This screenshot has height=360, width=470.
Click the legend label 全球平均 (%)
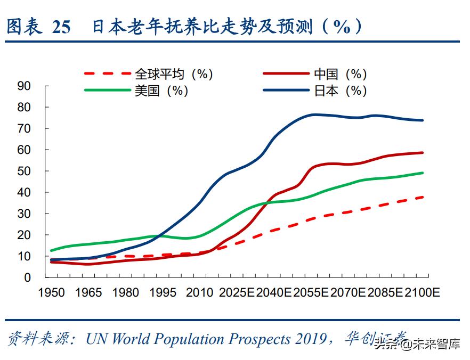tap(174, 74)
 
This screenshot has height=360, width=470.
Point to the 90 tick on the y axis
tap(24, 86)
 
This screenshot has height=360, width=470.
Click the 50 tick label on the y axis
tap(24, 171)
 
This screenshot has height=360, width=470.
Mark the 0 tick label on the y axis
tap(27, 277)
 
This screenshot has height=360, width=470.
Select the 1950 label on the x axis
tap(52, 293)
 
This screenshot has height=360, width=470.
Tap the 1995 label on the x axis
tap(163, 293)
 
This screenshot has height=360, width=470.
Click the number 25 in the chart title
tap(61, 27)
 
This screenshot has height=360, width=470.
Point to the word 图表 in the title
tap(25, 27)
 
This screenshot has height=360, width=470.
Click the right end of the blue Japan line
tap(423, 120)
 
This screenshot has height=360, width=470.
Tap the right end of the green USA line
tap(423, 173)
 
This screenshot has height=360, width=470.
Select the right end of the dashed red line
tap(423, 197)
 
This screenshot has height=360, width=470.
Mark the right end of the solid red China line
tap(423, 153)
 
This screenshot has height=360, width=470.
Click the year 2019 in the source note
tap(308, 339)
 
